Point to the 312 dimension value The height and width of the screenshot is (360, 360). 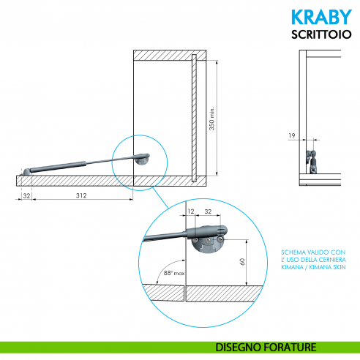[x=83, y=195]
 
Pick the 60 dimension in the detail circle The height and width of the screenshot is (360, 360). [x=241, y=262]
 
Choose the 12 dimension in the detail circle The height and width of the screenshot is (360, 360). [x=190, y=211]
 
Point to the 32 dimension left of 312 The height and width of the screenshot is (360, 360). [x=26, y=195]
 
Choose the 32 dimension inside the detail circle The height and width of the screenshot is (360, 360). [x=208, y=211]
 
